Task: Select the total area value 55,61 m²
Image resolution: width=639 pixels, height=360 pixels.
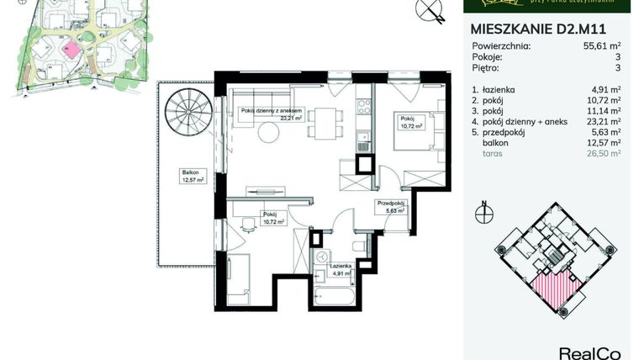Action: [598, 46]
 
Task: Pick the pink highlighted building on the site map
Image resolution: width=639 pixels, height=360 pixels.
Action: [73, 50]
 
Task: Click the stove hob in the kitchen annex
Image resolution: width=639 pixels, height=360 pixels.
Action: [364, 107]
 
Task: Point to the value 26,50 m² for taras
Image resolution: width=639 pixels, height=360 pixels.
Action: [603, 154]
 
